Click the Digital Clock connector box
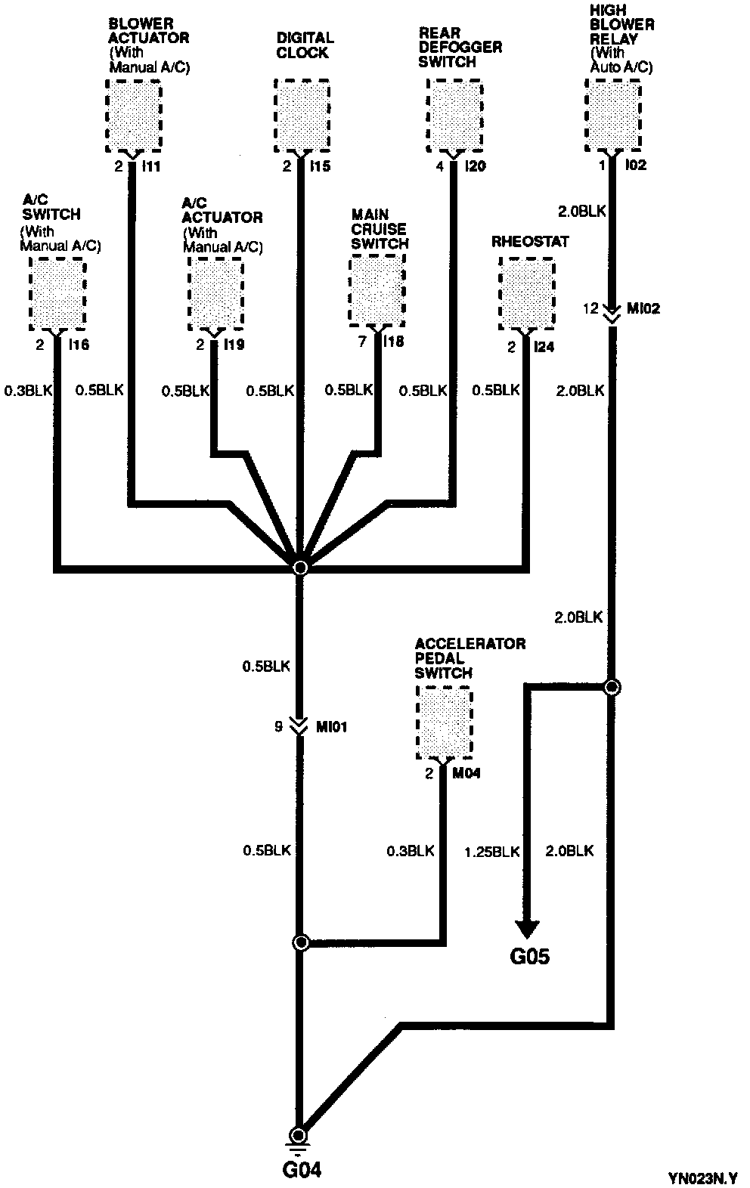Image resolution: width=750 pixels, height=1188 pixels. (x=301, y=116)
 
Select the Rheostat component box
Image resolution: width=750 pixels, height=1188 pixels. (x=526, y=294)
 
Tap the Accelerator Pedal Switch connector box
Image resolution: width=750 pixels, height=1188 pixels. (x=444, y=723)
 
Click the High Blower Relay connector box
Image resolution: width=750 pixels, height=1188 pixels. (x=613, y=116)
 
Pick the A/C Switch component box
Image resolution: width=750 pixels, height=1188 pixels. (x=57, y=294)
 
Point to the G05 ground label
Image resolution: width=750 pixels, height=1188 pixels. (x=529, y=957)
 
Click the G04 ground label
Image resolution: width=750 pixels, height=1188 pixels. (x=302, y=1170)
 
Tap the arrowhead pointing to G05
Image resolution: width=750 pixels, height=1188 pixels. (x=527, y=930)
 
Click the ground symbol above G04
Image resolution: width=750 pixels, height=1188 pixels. (x=300, y=1137)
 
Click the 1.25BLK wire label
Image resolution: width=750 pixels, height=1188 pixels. (x=491, y=852)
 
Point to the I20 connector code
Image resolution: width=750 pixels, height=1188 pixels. (x=475, y=166)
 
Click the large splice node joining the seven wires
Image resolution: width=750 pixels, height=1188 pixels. (x=300, y=567)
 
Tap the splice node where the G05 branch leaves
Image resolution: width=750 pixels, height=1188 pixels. (x=612, y=687)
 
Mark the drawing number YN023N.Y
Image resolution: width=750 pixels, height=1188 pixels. (x=702, y=1177)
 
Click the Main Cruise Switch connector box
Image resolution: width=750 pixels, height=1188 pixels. (x=377, y=292)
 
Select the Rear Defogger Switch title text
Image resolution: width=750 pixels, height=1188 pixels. (x=460, y=48)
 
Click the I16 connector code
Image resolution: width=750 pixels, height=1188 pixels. (x=79, y=345)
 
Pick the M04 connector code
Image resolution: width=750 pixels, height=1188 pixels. (x=466, y=773)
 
